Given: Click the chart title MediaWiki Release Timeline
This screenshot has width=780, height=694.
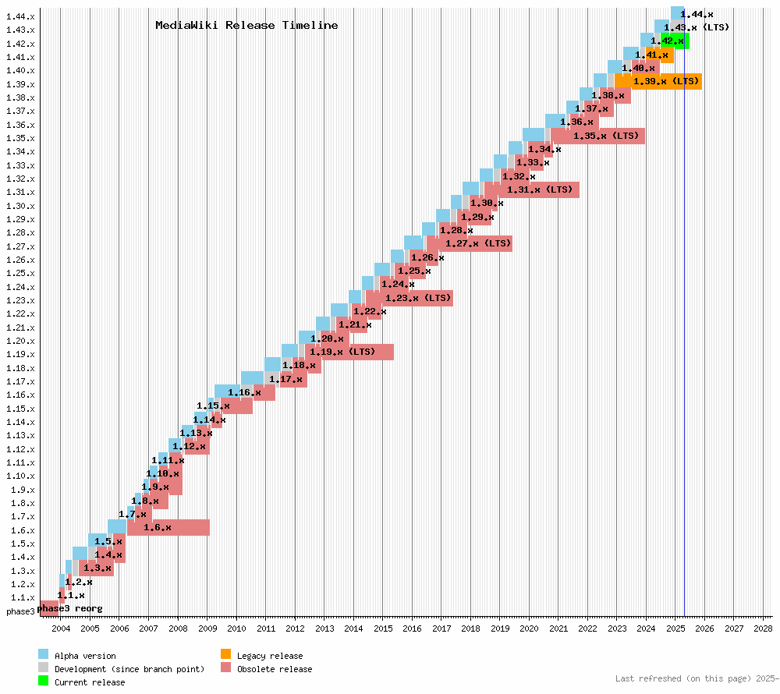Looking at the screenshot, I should (246, 25).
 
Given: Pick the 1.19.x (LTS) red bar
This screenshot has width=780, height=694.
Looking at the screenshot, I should (349, 352).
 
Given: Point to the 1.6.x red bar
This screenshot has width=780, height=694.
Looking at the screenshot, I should (168, 528).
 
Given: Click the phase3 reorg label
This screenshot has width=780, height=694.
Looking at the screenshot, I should (69, 608).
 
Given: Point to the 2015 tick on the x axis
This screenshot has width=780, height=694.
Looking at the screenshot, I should (383, 628).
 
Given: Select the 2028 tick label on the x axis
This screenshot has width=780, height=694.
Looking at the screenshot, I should (763, 628).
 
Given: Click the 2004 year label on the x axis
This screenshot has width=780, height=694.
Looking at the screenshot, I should (61, 628).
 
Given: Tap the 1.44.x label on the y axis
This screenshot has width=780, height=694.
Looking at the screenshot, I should (20, 16).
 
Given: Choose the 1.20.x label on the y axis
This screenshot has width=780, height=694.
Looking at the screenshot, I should (20, 341).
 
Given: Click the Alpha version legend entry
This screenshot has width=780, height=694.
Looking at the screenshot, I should (85, 657).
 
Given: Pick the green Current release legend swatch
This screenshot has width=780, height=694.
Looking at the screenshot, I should (43, 682).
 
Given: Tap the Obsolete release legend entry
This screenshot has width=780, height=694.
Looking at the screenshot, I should (274, 669).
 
